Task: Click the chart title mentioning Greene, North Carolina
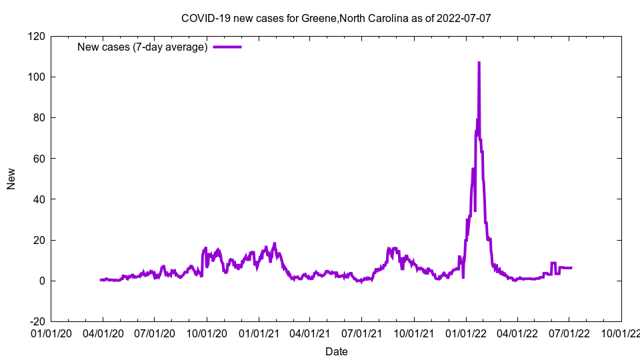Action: coord(336,18)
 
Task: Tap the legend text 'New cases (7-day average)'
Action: coord(143,47)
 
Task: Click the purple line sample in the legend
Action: coord(227,47)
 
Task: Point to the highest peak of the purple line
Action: coord(479,63)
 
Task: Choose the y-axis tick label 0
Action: coord(41,281)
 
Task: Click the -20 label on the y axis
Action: coord(37,321)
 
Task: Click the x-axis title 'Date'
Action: coord(336,351)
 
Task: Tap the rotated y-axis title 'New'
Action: coord(11,179)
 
